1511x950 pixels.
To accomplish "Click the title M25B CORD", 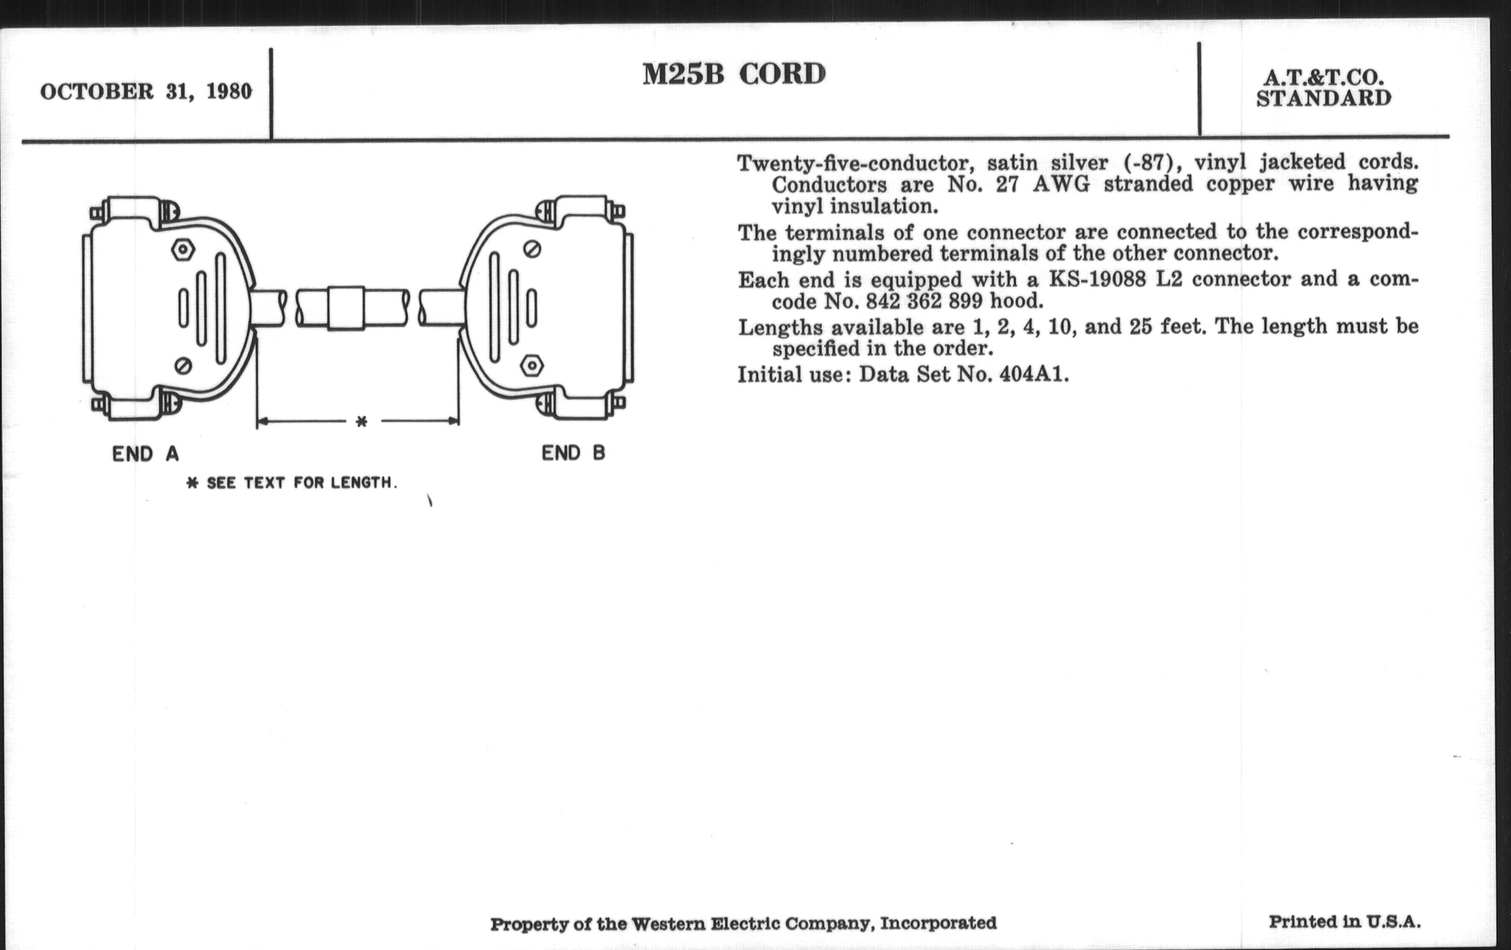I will click(x=734, y=75).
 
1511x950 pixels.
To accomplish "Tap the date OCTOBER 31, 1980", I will click(x=145, y=92).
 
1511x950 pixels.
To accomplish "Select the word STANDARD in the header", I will click(x=1323, y=99).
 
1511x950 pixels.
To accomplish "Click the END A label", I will click(x=145, y=454).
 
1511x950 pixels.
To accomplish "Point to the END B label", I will click(x=573, y=453).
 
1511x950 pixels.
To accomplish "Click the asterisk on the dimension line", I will click(x=362, y=422).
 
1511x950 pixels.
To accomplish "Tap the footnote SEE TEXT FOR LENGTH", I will click(x=293, y=483).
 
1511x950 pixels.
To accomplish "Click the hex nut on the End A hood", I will click(x=183, y=250).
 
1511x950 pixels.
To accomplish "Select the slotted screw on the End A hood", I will click(x=183, y=365).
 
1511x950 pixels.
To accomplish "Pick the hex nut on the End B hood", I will click(x=532, y=365).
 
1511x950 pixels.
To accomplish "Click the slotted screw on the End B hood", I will click(x=532, y=250).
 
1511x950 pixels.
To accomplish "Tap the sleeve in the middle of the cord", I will click(x=345, y=308).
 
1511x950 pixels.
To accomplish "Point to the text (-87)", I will click(x=1153, y=163).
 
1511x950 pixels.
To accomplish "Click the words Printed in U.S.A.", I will click(x=1344, y=922).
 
